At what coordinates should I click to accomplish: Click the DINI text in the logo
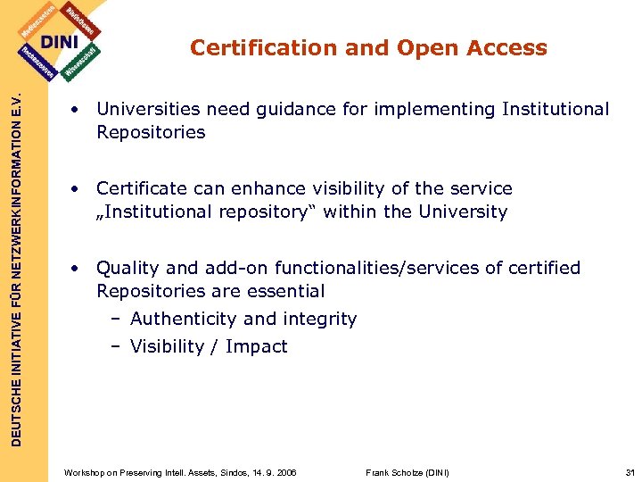point(60,42)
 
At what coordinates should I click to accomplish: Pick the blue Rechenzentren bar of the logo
point(35,62)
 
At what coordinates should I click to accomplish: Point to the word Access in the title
point(507,48)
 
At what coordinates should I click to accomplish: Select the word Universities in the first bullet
point(144,109)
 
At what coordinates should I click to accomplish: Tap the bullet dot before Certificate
point(78,189)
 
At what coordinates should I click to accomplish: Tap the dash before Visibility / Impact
point(116,346)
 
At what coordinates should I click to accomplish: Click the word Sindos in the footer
point(230,471)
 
